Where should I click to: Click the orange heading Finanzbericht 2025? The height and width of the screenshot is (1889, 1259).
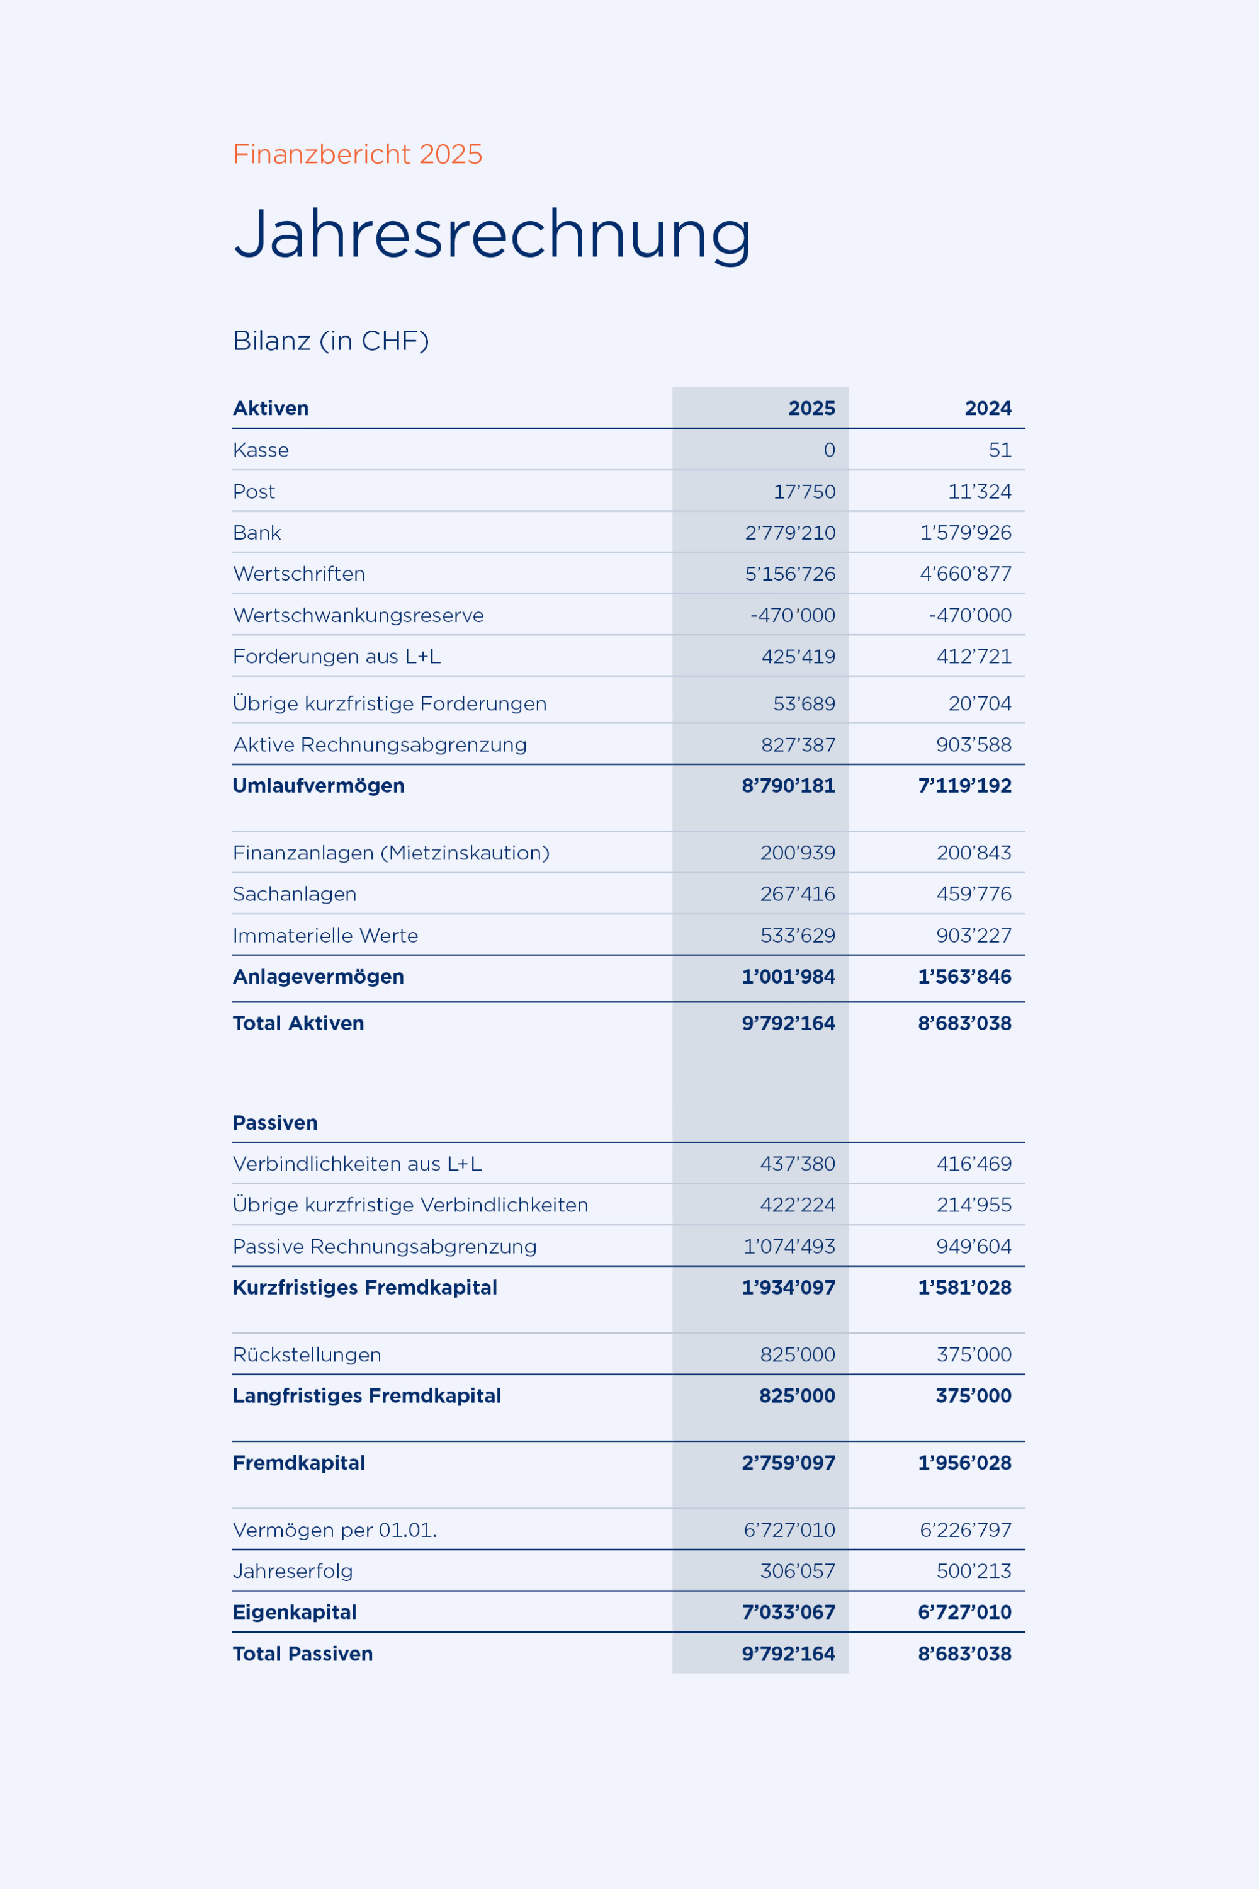[x=358, y=154]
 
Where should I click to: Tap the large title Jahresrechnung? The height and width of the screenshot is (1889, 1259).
[x=492, y=234]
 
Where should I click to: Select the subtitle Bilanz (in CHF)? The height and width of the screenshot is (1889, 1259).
[x=331, y=341]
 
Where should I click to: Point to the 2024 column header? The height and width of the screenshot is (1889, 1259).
[x=988, y=408]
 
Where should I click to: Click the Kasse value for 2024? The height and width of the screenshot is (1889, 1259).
[x=1000, y=450]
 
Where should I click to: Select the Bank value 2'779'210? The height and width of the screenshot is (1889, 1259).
[x=790, y=533]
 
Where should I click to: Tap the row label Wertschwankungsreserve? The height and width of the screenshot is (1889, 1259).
[x=358, y=615]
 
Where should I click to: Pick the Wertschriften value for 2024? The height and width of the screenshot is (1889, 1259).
[x=965, y=574]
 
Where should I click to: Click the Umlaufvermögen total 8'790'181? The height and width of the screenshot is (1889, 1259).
[x=789, y=785]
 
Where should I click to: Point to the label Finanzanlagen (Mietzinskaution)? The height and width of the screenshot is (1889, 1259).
[x=391, y=853]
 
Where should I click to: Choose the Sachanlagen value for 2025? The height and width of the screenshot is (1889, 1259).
[x=798, y=894]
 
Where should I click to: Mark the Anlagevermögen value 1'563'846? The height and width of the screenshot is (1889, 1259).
[x=964, y=977]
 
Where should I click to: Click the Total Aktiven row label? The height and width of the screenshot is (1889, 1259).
[x=298, y=1023]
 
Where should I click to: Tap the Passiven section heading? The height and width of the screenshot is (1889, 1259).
[x=274, y=1123]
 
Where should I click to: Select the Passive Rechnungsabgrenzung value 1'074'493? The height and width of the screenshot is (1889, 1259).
[x=789, y=1247]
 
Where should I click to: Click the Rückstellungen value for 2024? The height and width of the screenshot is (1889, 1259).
[x=973, y=1355]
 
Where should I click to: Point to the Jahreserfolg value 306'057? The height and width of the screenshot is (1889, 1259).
[x=798, y=1571]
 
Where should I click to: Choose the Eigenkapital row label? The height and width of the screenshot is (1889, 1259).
[x=295, y=1612]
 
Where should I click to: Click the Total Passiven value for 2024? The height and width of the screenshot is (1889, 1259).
[x=964, y=1654]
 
